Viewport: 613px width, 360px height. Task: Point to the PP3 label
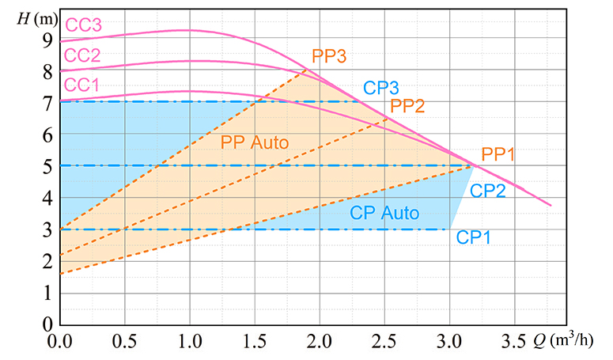(x=330, y=56)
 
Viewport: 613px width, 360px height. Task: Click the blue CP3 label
(x=381, y=87)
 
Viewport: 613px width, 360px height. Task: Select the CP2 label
(x=487, y=191)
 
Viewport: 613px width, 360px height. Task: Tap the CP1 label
(x=474, y=237)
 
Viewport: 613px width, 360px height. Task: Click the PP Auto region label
(x=255, y=143)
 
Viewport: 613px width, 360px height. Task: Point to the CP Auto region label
(x=385, y=213)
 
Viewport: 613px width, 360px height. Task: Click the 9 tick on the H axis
(x=47, y=40)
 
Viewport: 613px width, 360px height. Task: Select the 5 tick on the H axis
(x=47, y=166)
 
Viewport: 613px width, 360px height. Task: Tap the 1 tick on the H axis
(x=47, y=293)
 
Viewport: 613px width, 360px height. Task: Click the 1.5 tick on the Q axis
(x=255, y=341)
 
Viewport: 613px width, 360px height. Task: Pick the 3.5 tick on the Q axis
(x=514, y=341)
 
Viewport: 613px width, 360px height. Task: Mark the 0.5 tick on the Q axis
(x=125, y=341)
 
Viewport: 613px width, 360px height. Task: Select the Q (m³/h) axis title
(x=567, y=341)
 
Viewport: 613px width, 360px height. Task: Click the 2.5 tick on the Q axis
(x=384, y=341)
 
